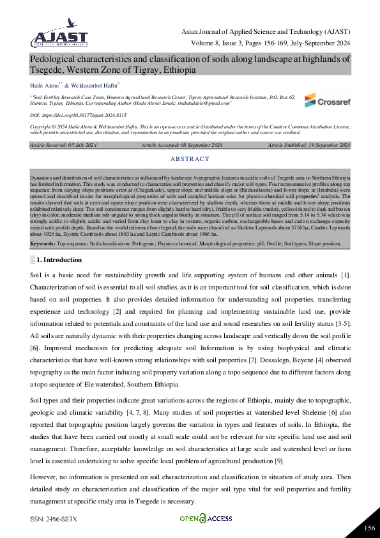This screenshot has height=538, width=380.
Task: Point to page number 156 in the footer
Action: (369, 527)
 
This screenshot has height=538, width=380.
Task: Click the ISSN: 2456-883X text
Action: (53, 519)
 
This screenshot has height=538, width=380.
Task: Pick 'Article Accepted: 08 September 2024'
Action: (181, 146)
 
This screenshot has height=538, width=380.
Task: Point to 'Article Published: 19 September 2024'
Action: (308, 146)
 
